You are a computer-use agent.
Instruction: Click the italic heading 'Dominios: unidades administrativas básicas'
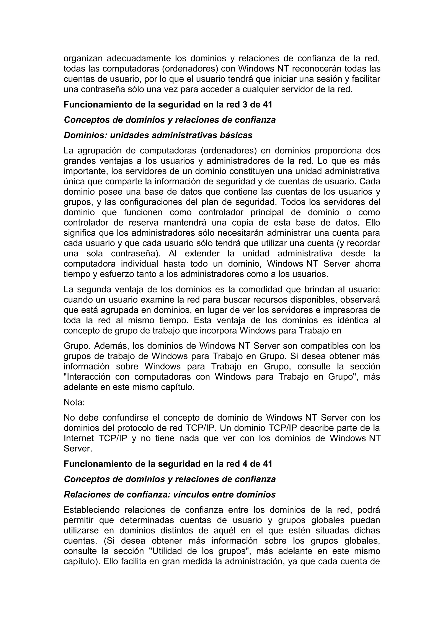tap(158, 135)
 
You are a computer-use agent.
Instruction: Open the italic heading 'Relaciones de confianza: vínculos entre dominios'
tap(170, 495)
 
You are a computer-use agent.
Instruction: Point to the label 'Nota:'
tap(74, 402)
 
